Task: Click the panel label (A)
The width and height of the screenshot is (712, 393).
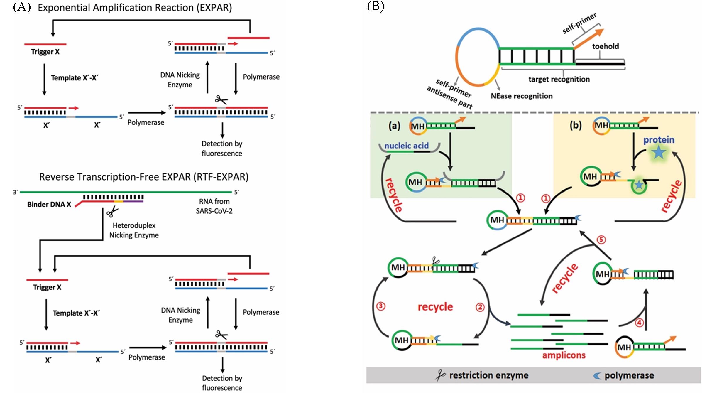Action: [22, 7]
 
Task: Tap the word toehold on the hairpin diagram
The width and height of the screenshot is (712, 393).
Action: [605, 46]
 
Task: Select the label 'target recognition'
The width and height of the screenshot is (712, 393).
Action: [559, 79]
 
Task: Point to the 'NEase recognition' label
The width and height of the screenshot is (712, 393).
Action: [521, 96]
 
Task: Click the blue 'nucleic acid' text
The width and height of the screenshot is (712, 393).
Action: [406, 146]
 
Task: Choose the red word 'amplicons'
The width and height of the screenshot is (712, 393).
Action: [564, 355]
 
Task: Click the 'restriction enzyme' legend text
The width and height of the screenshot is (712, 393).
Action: [489, 375]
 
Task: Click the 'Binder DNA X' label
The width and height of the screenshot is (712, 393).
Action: [49, 204]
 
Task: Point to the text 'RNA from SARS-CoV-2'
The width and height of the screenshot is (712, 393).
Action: [214, 206]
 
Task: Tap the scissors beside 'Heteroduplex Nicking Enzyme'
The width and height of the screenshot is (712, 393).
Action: [112, 211]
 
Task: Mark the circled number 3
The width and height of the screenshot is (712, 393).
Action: [380, 306]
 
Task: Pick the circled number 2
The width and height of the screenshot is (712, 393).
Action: [480, 307]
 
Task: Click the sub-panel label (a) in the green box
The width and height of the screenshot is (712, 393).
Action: [394, 126]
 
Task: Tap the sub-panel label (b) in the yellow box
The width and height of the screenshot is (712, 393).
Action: [576, 125]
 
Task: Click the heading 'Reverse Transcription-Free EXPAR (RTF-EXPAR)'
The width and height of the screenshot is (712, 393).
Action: [144, 177]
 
